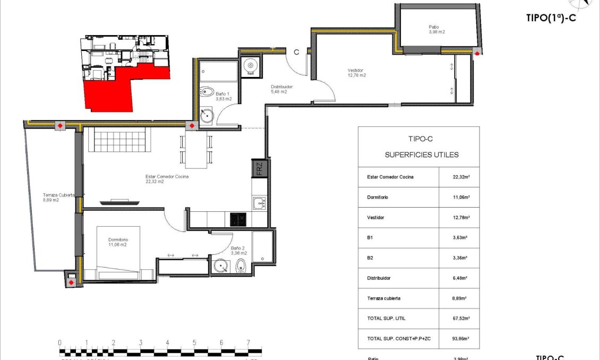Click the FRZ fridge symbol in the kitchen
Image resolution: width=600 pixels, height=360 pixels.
tap(259, 169)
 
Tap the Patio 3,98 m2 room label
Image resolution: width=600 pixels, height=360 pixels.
tap(436, 29)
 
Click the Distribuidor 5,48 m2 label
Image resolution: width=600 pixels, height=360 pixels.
tap(281, 89)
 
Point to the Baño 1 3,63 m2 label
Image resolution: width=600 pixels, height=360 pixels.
tap(224, 96)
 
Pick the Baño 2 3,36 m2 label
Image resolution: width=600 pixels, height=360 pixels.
tap(238, 251)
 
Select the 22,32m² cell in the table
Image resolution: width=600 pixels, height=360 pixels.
tap(459, 177)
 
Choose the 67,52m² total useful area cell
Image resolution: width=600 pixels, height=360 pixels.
tap(459, 318)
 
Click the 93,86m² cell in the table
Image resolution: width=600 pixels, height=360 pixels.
tap(459, 338)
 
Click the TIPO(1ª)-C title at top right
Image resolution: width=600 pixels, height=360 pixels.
tap(551, 18)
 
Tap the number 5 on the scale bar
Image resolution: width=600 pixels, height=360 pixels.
tap(194, 342)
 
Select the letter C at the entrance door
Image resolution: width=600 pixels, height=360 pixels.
tap(297, 52)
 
